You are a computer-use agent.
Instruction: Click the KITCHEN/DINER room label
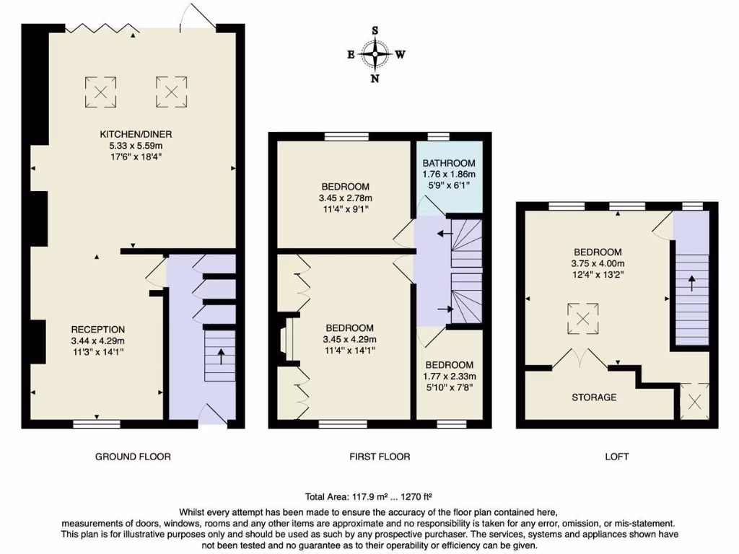136,134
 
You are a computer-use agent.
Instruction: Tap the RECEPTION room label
98,330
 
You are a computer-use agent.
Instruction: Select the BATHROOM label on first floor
448,162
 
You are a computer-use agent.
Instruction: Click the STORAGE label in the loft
594,397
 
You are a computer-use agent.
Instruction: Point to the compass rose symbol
375,54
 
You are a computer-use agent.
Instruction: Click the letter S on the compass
375,30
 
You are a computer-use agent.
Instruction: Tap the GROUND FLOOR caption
133,457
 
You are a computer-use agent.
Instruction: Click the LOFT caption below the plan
617,457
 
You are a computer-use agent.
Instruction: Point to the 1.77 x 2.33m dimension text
449,377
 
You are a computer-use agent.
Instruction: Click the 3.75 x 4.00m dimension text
597,263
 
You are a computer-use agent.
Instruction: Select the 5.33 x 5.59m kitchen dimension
136,146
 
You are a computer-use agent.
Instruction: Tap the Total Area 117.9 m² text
369,496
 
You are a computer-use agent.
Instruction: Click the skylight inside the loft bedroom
582,319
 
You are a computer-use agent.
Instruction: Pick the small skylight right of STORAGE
695,402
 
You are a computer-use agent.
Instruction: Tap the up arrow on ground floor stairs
220,355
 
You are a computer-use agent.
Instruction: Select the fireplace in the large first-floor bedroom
286,340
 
